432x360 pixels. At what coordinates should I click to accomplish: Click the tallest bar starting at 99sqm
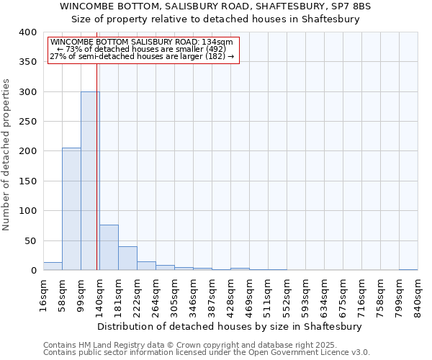(x=90, y=181)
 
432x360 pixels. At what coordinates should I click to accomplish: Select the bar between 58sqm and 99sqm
(x=71, y=209)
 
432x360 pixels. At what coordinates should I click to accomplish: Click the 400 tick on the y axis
(x=28, y=32)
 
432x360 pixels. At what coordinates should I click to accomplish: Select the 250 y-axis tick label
(x=28, y=122)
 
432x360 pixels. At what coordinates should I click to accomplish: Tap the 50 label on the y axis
(x=31, y=240)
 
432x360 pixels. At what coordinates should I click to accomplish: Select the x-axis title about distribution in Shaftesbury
(x=229, y=326)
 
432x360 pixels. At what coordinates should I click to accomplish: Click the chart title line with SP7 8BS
(x=215, y=6)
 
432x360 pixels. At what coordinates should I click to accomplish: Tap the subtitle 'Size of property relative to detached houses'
(x=215, y=19)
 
